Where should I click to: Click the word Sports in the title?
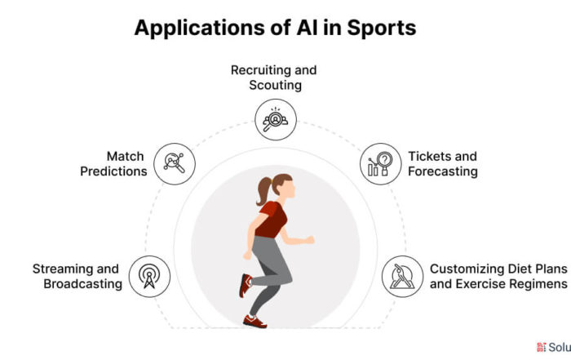click(x=381, y=29)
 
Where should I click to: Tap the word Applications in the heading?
click(x=200, y=29)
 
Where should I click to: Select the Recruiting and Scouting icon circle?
click(x=276, y=119)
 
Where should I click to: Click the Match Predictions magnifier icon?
click(x=175, y=163)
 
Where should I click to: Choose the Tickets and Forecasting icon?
click(x=381, y=163)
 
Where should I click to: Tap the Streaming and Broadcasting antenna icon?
click(x=149, y=276)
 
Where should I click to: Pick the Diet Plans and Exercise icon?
click(x=402, y=276)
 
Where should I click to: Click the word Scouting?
click(x=276, y=85)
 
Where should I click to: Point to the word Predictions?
click(x=113, y=171)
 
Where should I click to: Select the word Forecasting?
click(x=443, y=171)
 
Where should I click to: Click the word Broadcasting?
click(x=83, y=284)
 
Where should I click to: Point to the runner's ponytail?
click(x=263, y=190)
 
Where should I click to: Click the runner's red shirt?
click(x=272, y=220)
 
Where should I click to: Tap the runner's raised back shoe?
click(x=245, y=285)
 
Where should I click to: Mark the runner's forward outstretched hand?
click(x=309, y=239)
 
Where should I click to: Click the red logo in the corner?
click(x=542, y=347)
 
